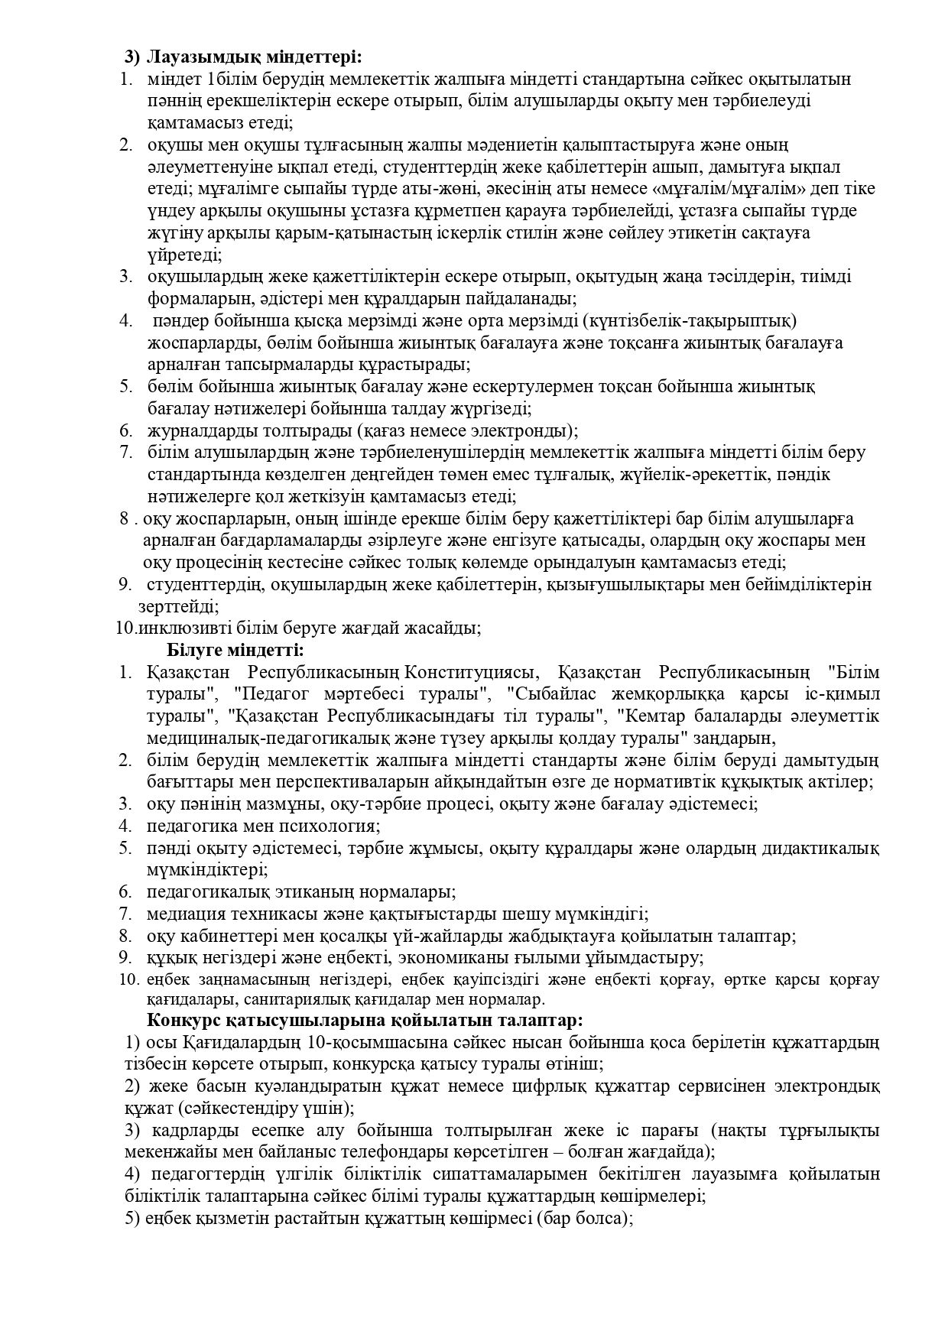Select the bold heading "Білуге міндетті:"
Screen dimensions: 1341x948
coord(235,651)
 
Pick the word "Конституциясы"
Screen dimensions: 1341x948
coord(472,673)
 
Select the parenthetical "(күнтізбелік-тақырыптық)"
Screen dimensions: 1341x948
coord(688,320)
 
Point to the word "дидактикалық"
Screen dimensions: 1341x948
coord(829,849)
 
